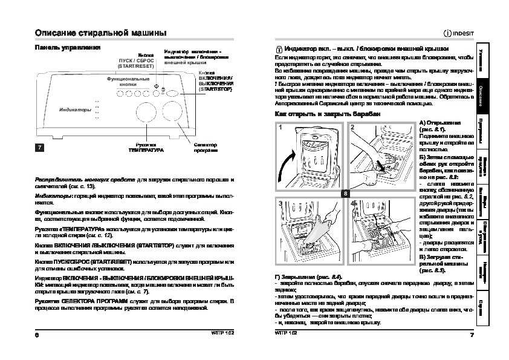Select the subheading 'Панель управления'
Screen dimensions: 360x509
coord(67,47)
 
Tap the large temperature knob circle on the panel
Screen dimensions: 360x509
coord(146,115)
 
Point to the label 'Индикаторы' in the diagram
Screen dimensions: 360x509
coord(75,110)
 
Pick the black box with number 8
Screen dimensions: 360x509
coord(345,192)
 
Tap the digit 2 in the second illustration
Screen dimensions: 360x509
coord(352,128)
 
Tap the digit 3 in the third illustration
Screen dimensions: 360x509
coord(280,205)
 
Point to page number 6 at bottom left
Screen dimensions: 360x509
coord(37,335)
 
